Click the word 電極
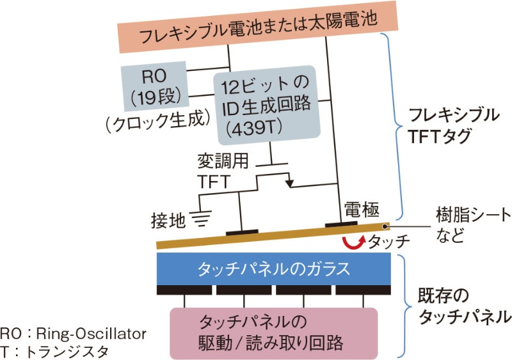coord(362,208)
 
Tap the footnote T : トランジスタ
coord(55,350)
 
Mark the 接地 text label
coord(168,221)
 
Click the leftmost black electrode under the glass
coord(185,290)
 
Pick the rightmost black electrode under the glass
coord(364,290)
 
